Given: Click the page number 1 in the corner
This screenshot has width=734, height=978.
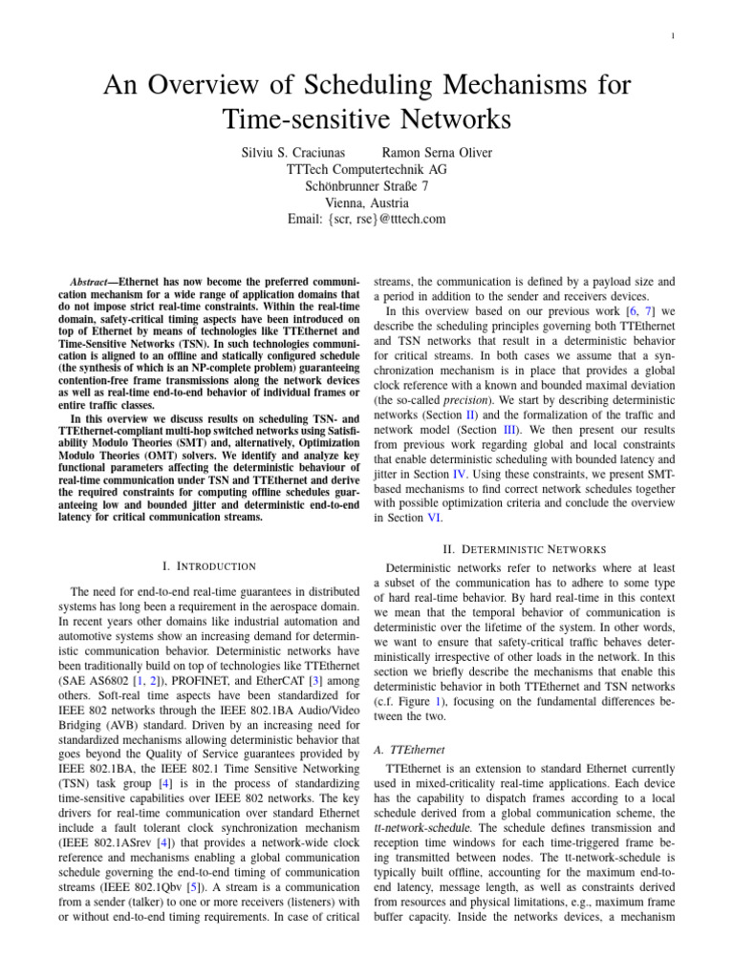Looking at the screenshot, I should click(x=701, y=38).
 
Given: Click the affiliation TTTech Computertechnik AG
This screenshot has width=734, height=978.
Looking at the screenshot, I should click(x=367, y=169).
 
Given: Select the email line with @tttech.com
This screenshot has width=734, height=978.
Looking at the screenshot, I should click(x=367, y=220).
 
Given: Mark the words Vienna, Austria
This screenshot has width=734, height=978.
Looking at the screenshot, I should click(x=367, y=202).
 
